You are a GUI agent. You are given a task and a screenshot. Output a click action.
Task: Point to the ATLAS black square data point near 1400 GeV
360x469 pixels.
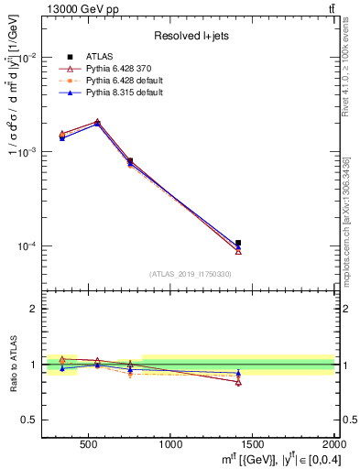(238, 243)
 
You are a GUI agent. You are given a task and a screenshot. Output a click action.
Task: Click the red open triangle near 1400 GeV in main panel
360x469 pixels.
(238, 251)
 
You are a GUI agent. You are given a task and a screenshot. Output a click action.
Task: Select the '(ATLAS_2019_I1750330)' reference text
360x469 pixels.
(190, 274)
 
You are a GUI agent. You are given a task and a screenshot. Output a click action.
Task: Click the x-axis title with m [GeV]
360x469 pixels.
(275, 458)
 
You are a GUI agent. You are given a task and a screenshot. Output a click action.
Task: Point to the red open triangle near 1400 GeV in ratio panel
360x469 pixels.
(238, 382)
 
